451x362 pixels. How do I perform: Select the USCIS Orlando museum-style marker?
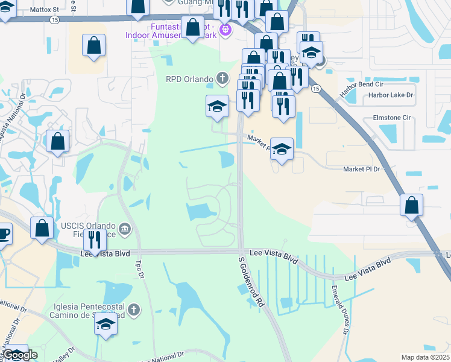coord(125,228)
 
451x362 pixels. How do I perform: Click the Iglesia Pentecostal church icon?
coord(133,310)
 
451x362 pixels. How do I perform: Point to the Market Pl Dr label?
coord(362,170)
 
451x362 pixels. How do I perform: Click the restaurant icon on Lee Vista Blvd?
coord(95,240)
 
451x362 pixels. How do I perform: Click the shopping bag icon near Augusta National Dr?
coord(57,142)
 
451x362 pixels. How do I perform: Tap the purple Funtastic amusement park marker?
coord(225,28)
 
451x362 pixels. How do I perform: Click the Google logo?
coord(20,355)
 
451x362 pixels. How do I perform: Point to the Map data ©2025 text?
coord(425,357)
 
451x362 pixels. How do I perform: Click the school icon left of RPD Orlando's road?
coord(217,106)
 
